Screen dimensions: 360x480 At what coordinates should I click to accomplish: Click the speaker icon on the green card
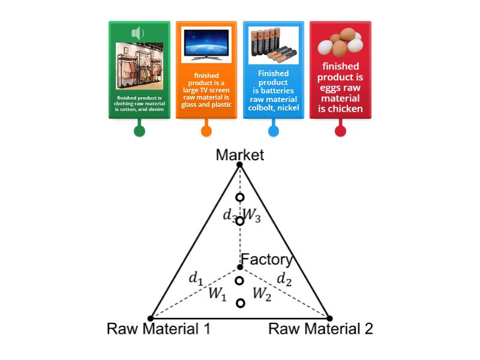[x=138, y=32]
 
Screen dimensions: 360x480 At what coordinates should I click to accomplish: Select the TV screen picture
[x=206, y=44]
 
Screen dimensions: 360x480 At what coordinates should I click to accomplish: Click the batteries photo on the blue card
[x=273, y=45]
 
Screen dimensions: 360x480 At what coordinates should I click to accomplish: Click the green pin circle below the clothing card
[x=139, y=131]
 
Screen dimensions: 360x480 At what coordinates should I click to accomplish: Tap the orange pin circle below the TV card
[x=206, y=131]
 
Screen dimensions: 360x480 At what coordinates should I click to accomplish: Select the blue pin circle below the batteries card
[x=274, y=131]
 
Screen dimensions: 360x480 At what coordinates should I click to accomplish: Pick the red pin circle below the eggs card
[x=340, y=131]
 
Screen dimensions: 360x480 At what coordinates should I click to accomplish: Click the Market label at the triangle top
[x=240, y=155]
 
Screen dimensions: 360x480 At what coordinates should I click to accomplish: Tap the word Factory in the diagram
[x=266, y=260]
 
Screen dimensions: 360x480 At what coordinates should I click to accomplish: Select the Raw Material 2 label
[x=320, y=329]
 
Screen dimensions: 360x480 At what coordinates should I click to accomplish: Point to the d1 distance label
[x=196, y=278]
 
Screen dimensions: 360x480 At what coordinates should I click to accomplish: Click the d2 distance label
[x=283, y=278]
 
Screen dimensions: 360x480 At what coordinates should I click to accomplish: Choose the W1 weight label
[x=217, y=294]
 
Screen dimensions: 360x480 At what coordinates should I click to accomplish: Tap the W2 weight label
[x=262, y=293]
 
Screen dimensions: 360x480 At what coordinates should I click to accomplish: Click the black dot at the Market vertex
[x=239, y=164]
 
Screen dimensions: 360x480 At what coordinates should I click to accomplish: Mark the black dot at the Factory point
[x=239, y=266]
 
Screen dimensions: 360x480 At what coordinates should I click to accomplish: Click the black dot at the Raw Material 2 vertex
[x=329, y=318]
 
